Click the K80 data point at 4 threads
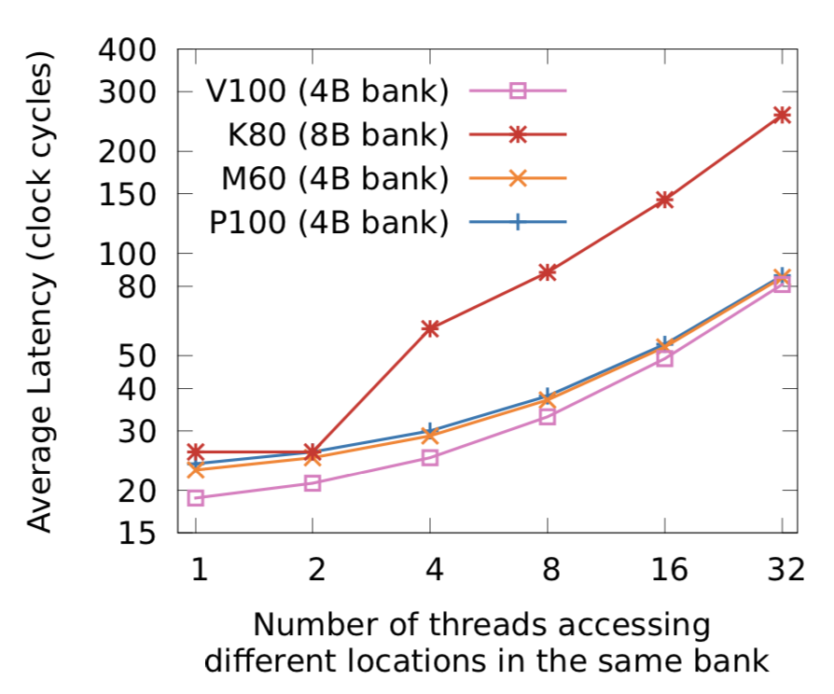[430, 328]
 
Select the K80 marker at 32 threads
[782, 115]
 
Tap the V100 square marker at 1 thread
[196, 498]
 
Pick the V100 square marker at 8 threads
[547, 417]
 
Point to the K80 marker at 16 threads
[664, 200]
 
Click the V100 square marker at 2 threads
[313, 483]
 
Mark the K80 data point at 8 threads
[547, 272]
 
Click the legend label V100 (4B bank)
[327, 91]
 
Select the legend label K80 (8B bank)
[332, 135]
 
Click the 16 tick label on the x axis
[664, 569]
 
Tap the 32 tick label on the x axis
[782, 569]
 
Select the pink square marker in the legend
[520, 91]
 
